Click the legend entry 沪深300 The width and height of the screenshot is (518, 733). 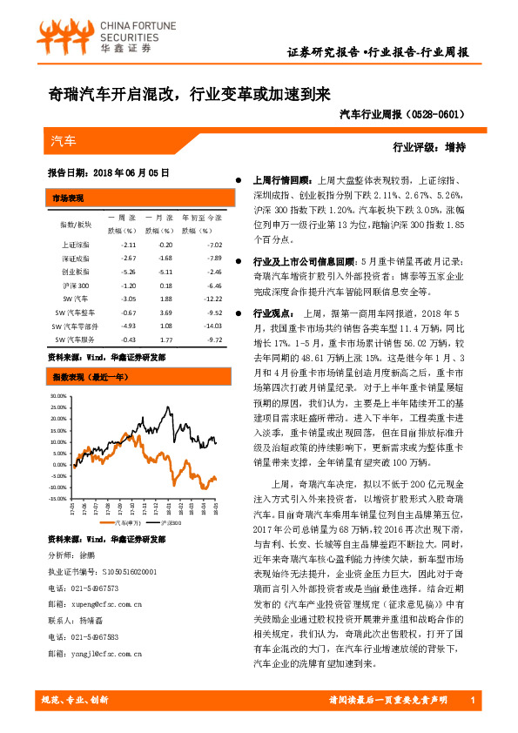[x=170, y=523]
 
